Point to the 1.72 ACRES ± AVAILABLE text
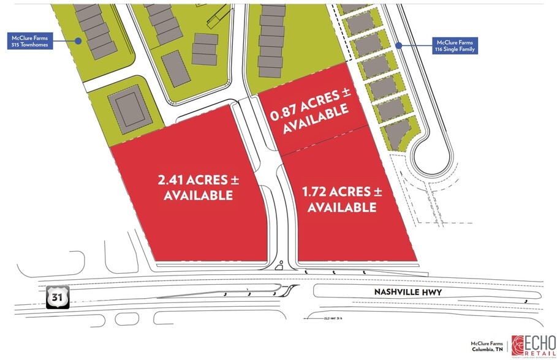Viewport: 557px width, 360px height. [342, 200]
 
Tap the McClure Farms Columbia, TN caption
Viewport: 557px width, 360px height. [487, 347]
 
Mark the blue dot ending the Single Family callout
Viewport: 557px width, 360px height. [398, 45]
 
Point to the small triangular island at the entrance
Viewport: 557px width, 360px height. [279, 265]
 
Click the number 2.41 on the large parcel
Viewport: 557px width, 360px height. [170, 180]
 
